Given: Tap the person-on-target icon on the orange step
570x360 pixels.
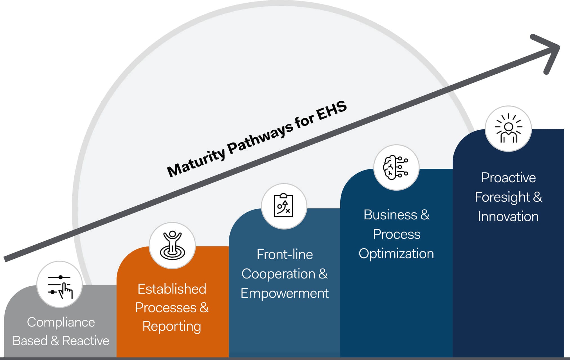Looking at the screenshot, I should pyautogui.click(x=172, y=245).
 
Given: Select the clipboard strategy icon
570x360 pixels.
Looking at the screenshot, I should pyautogui.click(x=284, y=206).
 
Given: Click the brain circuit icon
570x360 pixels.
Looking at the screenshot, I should pyautogui.click(x=396, y=167).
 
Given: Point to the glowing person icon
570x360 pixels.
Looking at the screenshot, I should pyautogui.click(x=508, y=129).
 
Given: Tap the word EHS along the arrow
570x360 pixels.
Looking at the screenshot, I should pyautogui.click(x=332, y=110).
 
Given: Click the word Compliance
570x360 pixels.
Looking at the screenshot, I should pyautogui.click(x=61, y=322).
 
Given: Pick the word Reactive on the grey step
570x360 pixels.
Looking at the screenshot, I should pyautogui.click(x=86, y=341).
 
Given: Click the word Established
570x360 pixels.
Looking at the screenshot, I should pyautogui.click(x=172, y=289).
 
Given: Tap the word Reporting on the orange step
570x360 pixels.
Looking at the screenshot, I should pyautogui.click(x=172, y=326).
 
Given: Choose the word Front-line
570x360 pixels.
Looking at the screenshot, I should pyautogui.click(x=285, y=255).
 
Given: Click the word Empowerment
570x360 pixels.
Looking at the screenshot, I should pyautogui.click(x=285, y=293).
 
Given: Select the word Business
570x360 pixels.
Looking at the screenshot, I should pyautogui.click(x=390, y=215).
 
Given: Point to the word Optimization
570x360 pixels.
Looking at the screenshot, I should pyautogui.click(x=396, y=254).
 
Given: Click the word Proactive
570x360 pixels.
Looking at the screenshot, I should pyautogui.click(x=508, y=178).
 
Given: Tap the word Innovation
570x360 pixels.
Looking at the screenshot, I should pyautogui.click(x=508, y=217).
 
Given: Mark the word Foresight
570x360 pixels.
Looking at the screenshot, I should pyautogui.click(x=502, y=197).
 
